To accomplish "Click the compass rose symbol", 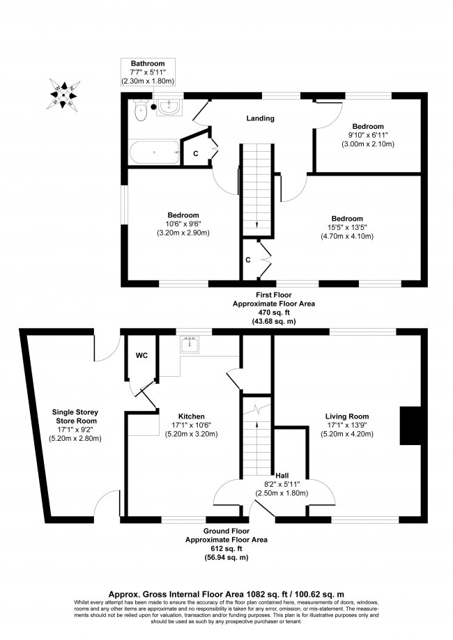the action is click(63, 94).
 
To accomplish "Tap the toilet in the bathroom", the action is click(141, 111).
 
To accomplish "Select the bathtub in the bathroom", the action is click(155, 152).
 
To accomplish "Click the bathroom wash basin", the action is click(169, 107).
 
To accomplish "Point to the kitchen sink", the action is click(189, 345).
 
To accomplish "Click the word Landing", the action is click(260, 118).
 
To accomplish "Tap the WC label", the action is click(141, 355).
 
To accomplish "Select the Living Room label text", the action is click(347, 416).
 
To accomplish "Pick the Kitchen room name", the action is click(192, 416).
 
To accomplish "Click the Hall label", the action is click(282, 476).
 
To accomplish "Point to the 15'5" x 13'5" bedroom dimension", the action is click(347, 227).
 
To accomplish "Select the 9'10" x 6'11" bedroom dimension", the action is click(368, 135).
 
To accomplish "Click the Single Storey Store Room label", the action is click(75, 416).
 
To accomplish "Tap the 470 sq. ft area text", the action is click(274, 313).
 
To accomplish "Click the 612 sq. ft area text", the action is click(227, 548).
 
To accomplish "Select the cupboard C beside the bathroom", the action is click(196, 153).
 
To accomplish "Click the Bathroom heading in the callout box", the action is click(148, 63).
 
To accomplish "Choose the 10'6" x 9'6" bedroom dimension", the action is click(183, 224).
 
